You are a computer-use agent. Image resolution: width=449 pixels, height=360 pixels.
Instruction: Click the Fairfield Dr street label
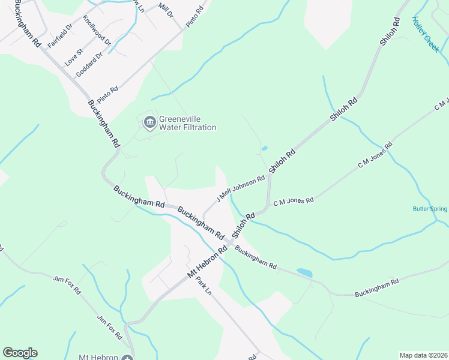click(60, 36)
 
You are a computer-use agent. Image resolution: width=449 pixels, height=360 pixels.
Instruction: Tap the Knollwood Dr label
click(98, 31)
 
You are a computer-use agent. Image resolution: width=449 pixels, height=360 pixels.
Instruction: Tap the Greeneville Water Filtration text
click(187, 123)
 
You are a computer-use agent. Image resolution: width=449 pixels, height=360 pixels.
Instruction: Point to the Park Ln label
click(204, 287)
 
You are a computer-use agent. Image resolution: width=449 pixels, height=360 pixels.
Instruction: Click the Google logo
click(20, 353)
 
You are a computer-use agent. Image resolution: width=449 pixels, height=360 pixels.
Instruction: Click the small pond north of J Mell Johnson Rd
click(264, 148)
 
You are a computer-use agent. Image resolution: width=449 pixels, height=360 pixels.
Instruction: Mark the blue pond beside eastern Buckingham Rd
click(304, 272)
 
